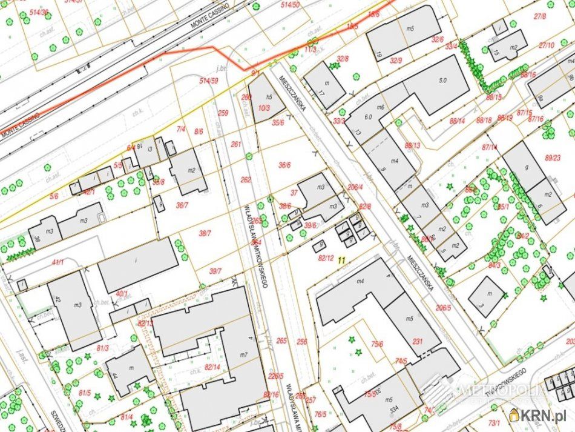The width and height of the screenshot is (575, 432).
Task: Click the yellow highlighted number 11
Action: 342,261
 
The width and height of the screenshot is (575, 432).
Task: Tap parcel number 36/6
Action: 284,165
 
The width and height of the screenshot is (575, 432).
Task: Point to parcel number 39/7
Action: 215,271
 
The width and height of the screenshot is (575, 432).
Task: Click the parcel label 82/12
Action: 326,258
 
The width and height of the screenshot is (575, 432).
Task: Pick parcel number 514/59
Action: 209,81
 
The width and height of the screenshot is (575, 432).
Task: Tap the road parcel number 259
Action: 223,113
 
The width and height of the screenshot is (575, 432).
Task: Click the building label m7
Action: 244,354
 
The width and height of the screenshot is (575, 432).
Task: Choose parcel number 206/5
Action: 443,308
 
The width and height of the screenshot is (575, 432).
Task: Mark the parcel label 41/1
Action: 57,262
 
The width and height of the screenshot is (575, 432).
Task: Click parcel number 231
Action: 417,341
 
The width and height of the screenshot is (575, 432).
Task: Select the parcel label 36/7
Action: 182,205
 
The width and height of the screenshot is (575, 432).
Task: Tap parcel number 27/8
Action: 540,16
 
